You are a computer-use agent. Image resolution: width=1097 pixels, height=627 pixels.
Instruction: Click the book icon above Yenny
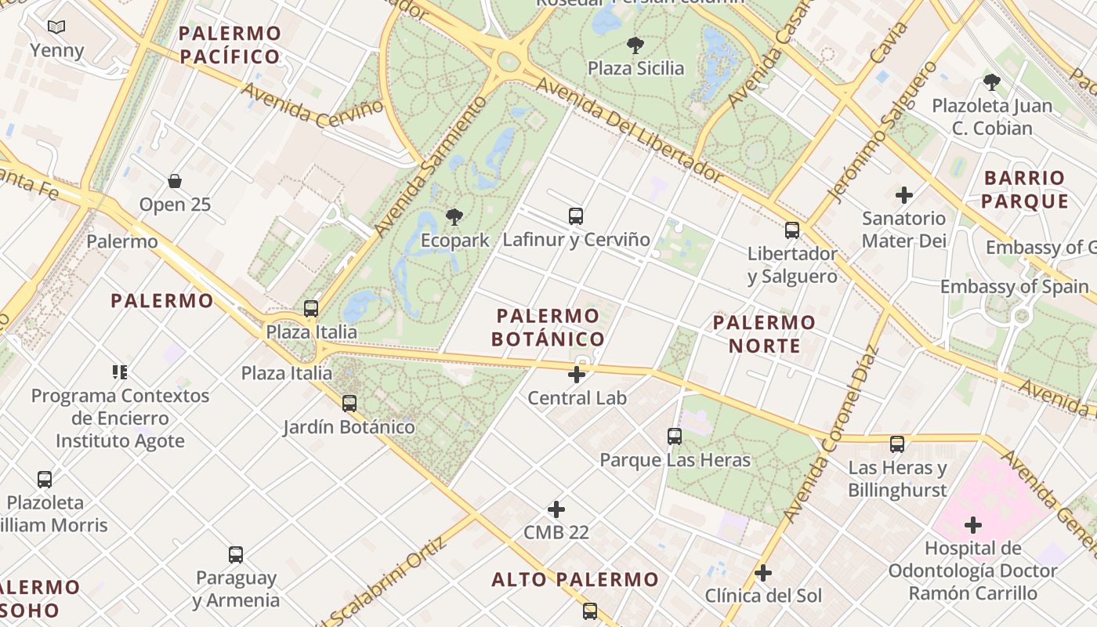tap(56, 27)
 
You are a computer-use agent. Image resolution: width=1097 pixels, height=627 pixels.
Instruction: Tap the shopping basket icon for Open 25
tap(175, 181)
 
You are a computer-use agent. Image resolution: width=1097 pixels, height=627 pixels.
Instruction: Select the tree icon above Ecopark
tap(454, 217)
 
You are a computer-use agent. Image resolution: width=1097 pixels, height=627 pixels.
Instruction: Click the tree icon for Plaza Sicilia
tap(635, 45)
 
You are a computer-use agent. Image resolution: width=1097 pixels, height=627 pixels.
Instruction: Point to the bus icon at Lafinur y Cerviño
tap(576, 216)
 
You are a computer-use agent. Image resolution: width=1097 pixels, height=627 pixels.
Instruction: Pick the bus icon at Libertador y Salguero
tap(792, 230)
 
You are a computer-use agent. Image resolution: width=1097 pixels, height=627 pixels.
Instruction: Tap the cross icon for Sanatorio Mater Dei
tap(904, 194)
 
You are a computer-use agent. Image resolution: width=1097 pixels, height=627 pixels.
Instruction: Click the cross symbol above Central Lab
tap(577, 375)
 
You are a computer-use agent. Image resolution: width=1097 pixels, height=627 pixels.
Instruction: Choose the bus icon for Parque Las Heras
tap(675, 437)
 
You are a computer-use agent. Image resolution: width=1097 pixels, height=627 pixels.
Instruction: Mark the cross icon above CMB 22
tap(556, 509)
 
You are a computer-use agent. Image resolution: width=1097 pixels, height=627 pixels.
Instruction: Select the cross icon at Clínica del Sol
tap(763, 573)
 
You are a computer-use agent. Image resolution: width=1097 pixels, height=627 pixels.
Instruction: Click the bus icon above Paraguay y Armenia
tap(236, 555)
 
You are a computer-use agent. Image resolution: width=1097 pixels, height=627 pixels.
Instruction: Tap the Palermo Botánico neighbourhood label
tap(548, 328)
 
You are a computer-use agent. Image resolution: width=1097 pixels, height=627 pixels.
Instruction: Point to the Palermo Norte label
tap(764, 334)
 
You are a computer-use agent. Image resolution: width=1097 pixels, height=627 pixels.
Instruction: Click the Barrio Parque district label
tap(1024, 190)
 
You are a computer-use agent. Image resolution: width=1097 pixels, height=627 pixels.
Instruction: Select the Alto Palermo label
tap(575, 580)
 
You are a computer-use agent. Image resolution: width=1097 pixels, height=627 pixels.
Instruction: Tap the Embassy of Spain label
tap(1014, 287)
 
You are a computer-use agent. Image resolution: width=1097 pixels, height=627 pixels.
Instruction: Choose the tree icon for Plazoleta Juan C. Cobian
tap(991, 82)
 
